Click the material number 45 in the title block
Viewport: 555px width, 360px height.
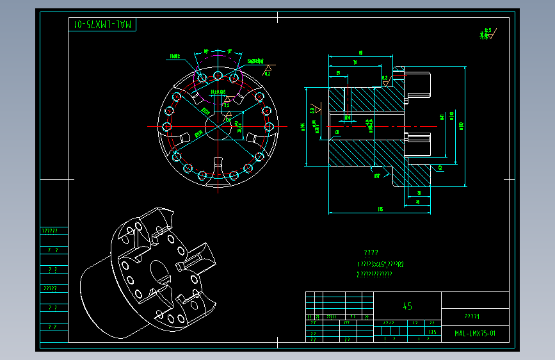407,306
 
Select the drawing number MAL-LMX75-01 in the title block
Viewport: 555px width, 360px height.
474,334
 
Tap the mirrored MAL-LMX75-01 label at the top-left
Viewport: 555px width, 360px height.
103,24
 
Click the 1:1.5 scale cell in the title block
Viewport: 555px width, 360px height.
433,332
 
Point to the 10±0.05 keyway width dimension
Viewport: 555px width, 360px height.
218,92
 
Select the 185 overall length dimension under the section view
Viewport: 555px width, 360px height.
380,209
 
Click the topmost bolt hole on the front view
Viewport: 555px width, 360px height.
218,76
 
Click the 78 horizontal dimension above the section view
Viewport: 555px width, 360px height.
354,62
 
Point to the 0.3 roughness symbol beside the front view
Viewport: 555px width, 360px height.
268,70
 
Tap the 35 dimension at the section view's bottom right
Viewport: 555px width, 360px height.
417,202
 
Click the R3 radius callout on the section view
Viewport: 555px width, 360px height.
440,167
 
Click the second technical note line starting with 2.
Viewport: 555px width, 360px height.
374,274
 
